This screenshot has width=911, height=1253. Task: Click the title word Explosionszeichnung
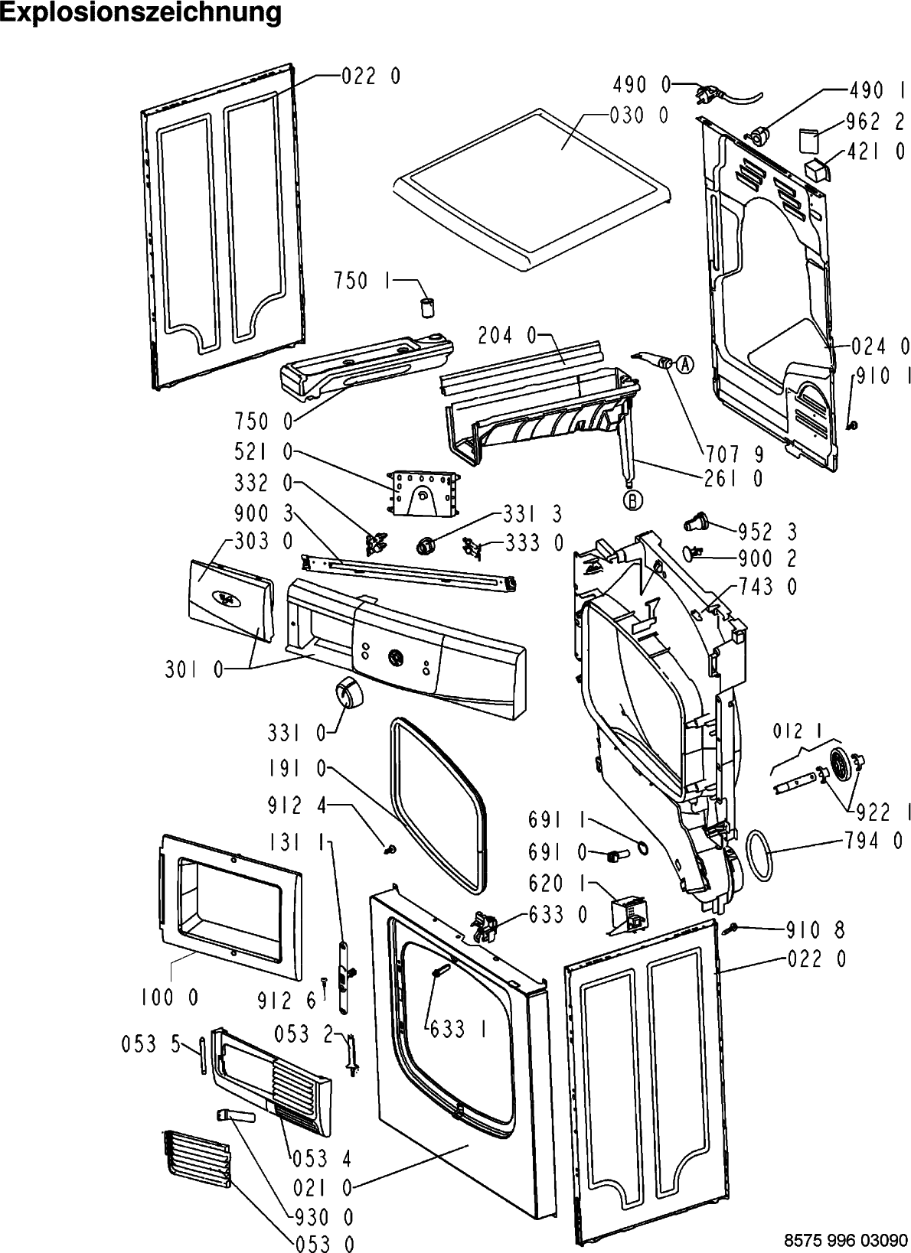coord(142,13)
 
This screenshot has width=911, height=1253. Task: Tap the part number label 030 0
coord(638,116)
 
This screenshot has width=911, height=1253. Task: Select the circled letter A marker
coord(684,365)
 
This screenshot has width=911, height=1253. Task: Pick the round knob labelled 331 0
coord(347,694)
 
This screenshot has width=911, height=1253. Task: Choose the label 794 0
coord(873,841)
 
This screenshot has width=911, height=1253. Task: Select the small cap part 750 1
coord(426,307)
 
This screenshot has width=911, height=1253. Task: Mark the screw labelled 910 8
coord(730,928)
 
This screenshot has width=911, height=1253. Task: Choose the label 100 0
coord(169,998)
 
